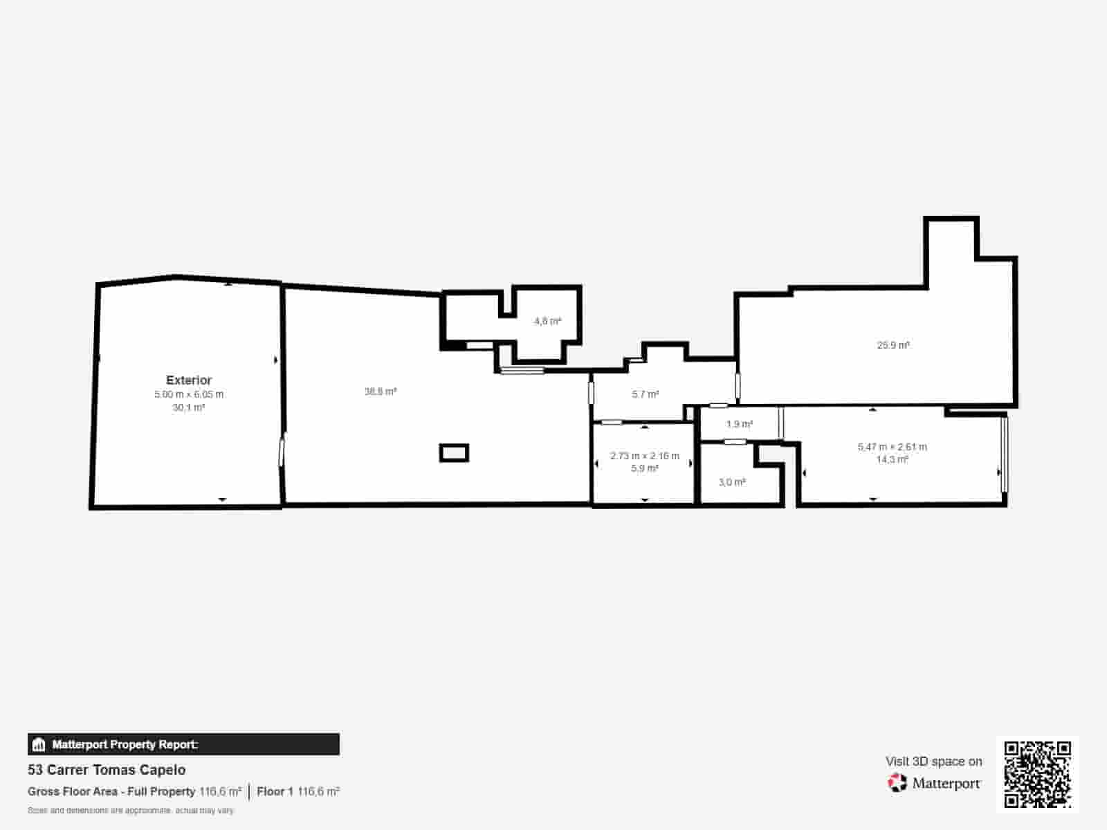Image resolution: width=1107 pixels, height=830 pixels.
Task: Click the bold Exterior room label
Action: [x=189, y=380]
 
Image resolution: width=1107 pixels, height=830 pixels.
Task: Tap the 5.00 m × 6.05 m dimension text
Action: [x=189, y=394]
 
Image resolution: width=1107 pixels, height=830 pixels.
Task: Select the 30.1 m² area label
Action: [x=189, y=407]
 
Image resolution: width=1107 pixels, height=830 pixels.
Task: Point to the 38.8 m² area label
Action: [x=381, y=391]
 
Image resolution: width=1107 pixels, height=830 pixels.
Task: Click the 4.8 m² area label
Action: [x=547, y=321]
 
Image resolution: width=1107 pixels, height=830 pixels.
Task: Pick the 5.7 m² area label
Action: [x=645, y=394]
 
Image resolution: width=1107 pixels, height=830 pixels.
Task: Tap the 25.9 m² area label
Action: [x=893, y=344]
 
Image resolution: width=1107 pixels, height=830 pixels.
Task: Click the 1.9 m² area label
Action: [x=740, y=424]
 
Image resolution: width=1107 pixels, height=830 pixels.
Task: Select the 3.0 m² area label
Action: [x=732, y=482]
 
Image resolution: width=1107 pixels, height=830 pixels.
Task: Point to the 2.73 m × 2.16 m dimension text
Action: [x=645, y=456]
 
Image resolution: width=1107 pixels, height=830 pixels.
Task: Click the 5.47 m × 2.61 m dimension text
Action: [x=892, y=447]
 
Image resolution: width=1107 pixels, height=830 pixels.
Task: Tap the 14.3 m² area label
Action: [x=892, y=459]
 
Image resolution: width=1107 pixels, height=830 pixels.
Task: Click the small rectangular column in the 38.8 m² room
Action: [x=454, y=453]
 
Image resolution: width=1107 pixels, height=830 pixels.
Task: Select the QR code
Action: [x=1037, y=774]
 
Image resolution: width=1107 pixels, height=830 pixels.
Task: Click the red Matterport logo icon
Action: [x=897, y=783]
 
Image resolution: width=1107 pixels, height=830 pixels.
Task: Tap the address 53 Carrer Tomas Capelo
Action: [x=107, y=770]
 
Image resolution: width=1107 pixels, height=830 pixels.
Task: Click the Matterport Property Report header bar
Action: [x=183, y=744]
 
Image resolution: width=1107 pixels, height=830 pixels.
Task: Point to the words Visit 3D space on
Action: [x=933, y=762]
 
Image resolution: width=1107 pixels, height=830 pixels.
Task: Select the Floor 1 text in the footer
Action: [x=275, y=791]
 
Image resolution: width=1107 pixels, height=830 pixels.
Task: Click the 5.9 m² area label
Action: [x=645, y=468]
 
